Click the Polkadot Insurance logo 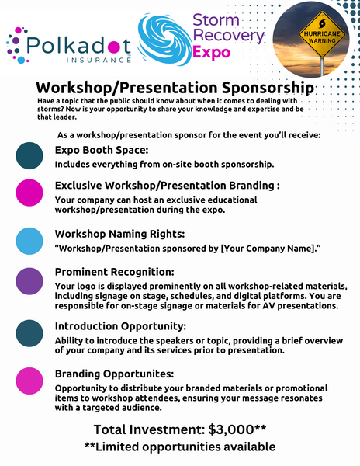click(69, 46)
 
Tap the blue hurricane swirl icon click(164, 40)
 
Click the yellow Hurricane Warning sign click(322, 34)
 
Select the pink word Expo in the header click(211, 53)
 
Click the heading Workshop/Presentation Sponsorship click(175, 88)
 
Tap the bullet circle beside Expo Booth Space click(29, 156)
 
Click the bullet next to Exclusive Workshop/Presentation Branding click(29, 193)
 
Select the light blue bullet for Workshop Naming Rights click(29, 241)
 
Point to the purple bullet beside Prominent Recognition click(29, 281)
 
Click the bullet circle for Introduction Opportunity click(29, 333)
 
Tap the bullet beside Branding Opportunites click(29, 381)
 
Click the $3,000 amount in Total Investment click(231, 429)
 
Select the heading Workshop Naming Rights click(119, 235)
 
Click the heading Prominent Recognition click(115, 272)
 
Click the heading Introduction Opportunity click(120, 326)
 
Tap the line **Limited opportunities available click(180, 447)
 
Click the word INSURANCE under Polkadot click(99, 60)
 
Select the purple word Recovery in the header click(228, 36)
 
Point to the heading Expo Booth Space click(102, 150)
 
